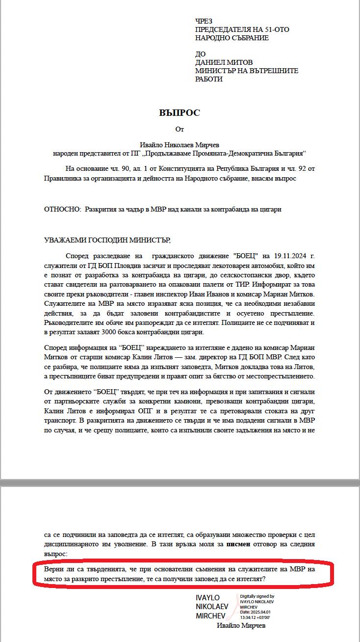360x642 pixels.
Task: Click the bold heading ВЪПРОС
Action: click(x=180, y=113)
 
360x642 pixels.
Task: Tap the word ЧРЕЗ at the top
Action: click(x=205, y=21)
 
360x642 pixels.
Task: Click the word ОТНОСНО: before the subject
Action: click(x=62, y=210)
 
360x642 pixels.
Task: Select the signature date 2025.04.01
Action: click(x=262, y=612)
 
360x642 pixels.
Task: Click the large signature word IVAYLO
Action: click(x=207, y=598)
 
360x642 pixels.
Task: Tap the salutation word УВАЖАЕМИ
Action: click(x=65, y=240)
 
